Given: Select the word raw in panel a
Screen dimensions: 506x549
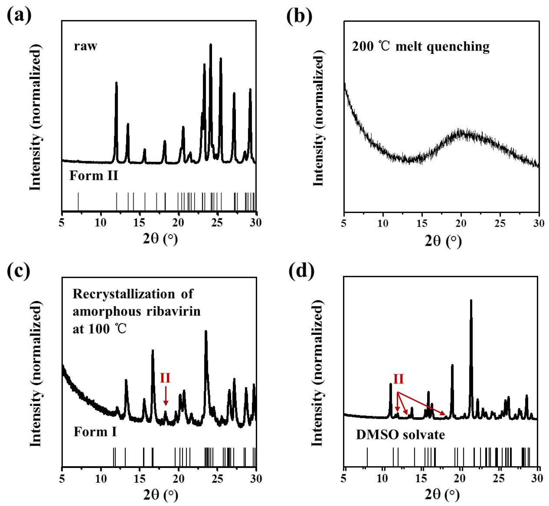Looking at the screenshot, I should tap(85, 46).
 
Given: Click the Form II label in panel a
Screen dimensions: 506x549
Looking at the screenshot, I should tap(94, 176).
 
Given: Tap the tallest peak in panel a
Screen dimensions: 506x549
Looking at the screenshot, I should tap(211, 45).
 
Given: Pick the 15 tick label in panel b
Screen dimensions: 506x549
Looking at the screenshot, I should tap(422, 224).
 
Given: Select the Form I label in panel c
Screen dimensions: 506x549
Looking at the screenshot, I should tap(95, 432).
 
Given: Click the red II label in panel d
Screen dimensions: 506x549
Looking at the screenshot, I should tap(398, 379).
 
